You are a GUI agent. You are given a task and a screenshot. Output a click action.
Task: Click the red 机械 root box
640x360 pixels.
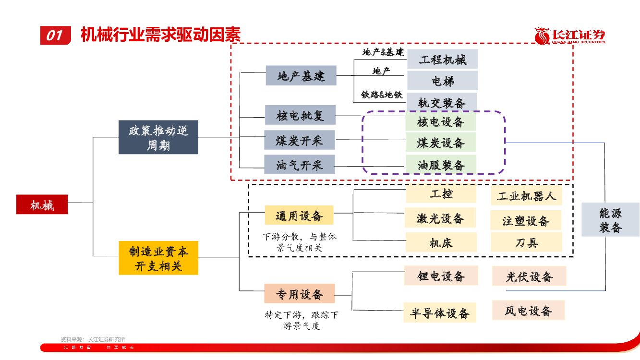click(42, 204)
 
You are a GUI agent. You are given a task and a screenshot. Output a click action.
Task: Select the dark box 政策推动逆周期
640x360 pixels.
click(158, 137)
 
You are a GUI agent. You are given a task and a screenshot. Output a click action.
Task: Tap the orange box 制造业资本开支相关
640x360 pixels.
click(158, 258)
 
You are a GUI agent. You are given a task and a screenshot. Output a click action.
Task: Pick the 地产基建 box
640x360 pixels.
click(301, 75)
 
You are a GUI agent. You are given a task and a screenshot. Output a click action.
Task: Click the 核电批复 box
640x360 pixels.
click(300, 115)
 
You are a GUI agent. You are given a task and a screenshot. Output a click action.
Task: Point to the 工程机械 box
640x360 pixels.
click(443, 59)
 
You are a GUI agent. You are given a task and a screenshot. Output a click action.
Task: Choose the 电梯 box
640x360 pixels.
click(443, 81)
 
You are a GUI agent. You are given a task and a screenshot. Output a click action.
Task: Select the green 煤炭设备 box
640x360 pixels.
click(441, 143)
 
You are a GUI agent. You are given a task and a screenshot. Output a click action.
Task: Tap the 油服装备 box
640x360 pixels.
click(441, 165)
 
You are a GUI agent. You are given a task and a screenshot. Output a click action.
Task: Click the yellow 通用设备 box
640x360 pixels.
click(299, 216)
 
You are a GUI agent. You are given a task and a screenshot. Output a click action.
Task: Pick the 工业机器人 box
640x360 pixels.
click(526, 195)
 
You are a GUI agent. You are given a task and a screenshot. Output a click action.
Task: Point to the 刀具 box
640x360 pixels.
click(526, 242)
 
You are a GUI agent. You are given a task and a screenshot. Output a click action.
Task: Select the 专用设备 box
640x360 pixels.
click(299, 293)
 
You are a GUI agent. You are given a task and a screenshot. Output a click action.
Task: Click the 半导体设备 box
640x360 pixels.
click(440, 313)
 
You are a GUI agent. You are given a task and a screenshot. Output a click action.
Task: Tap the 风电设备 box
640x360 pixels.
click(528, 310)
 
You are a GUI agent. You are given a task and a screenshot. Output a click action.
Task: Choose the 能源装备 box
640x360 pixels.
click(610, 220)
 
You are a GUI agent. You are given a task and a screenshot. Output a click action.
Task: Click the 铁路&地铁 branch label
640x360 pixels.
click(382, 95)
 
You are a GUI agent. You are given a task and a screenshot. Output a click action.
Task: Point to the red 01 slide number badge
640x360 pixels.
click(55, 35)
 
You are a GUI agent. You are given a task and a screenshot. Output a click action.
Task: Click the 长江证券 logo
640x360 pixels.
click(570, 36)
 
